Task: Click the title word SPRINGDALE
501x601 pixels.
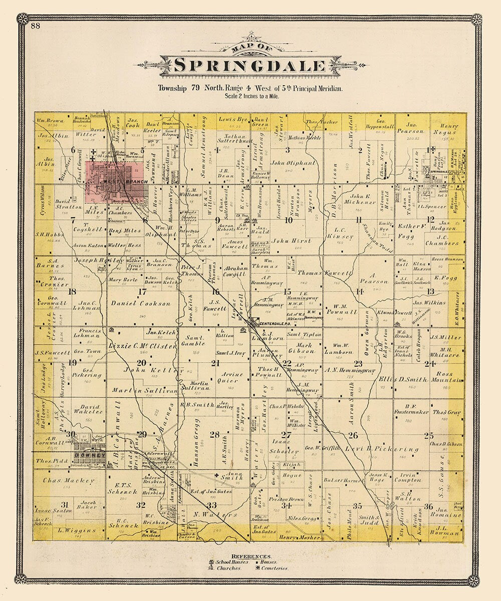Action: (249, 66)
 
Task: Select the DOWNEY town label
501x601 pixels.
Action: (89, 456)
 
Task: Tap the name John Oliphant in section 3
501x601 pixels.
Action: (293, 163)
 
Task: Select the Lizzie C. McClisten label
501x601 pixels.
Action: (142, 346)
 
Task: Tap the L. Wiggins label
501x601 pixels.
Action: (70, 529)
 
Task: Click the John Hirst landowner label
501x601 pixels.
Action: (292, 241)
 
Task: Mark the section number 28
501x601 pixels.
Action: (214, 435)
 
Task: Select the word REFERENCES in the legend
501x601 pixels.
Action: (251, 556)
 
